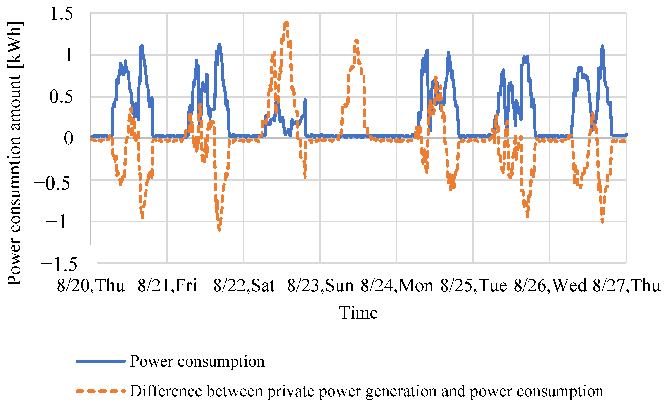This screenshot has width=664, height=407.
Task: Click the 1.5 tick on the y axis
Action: click(x=62, y=14)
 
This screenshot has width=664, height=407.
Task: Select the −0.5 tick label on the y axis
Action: click(x=52, y=184)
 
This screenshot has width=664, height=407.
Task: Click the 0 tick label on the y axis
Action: click(x=69, y=139)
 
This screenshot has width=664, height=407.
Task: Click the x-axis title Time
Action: click(x=358, y=313)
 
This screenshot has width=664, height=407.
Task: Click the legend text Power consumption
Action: click(x=197, y=361)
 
